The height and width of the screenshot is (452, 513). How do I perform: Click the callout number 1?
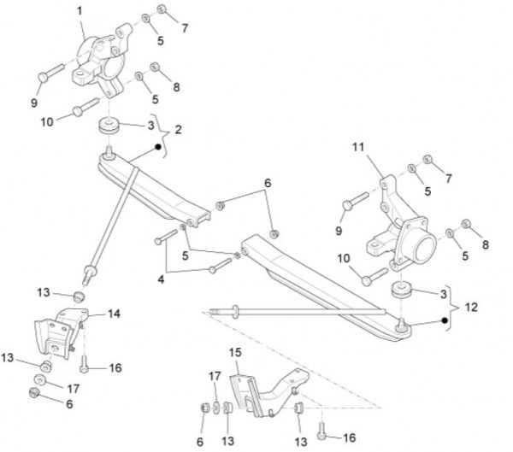pos(80,10)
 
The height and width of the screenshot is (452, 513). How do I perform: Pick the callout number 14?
pos(114,314)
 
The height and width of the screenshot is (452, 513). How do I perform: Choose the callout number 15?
pos(236,352)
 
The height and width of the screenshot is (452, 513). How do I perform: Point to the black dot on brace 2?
pos(158,146)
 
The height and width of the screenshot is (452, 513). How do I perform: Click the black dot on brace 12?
pos(445,320)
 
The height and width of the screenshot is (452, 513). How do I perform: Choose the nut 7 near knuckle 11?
pos(430,161)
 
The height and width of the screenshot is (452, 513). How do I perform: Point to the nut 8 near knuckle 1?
pos(156,68)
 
